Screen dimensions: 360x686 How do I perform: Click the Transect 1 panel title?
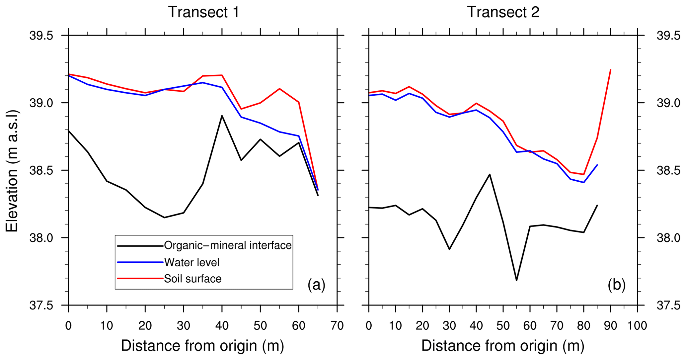click(x=203, y=12)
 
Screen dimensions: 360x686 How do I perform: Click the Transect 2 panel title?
click(x=503, y=12)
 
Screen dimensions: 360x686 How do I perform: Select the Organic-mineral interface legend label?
click(x=228, y=245)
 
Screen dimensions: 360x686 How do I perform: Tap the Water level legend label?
click(x=192, y=262)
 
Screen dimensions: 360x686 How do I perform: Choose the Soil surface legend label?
click(x=192, y=278)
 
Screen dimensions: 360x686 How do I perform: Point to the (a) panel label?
click(x=316, y=285)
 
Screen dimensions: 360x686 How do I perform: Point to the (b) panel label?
click(x=617, y=285)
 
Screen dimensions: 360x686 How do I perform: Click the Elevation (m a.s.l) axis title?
click(x=12, y=171)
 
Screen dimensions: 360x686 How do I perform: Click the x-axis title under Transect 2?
click(x=502, y=346)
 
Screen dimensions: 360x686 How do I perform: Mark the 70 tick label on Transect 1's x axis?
click(x=337, y=326)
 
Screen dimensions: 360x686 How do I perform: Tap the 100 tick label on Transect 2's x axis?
click(x=637, y=326)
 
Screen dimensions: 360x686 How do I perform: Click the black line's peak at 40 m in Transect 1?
click(x=222, y=116)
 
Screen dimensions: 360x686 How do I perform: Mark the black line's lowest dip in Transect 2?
click(x=516, y=280)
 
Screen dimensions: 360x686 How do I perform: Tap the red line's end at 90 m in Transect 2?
click(x=611, y=70)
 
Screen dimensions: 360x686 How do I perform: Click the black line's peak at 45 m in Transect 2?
click(x=490, y=174)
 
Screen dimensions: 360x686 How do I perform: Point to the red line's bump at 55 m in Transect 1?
click(x=279, y=89)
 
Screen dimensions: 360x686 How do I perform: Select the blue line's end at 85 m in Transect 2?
click(x=597, y=165)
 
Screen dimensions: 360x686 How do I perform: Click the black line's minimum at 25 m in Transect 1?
click(x=164, y=218)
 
